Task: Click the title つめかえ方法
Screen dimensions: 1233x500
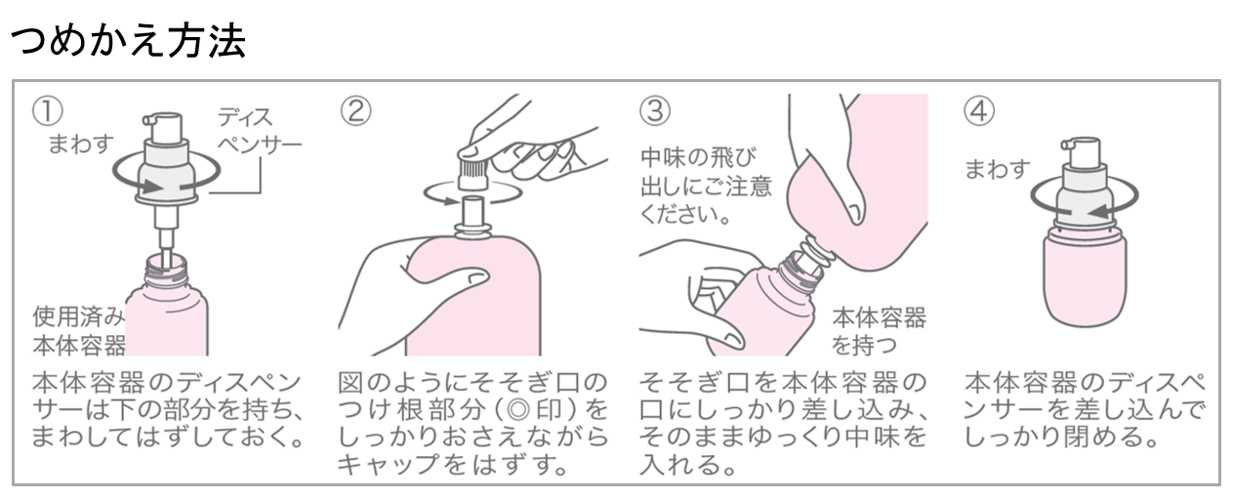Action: coord(128,41)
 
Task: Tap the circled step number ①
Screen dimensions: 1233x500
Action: coord(47,110)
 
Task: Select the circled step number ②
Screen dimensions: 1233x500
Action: coord(355,110)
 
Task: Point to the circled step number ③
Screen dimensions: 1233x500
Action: coord(655,110)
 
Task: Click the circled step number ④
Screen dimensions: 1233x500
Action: coord(979,110)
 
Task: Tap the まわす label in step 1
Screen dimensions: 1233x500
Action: coord(81,144)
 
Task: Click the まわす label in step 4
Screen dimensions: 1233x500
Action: coord(998,169)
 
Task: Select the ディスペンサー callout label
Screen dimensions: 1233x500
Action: coord(260,131)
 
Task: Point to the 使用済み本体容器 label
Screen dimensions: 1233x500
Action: coord(79,331)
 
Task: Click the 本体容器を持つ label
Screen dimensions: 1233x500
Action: coord(879,331)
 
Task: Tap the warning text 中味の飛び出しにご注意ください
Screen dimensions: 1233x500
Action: coord(706,187)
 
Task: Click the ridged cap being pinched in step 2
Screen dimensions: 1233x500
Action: coord(473,174)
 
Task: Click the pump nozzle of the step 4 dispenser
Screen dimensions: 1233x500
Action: coord(1067,145)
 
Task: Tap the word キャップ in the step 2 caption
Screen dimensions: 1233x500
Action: coord(389,464)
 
